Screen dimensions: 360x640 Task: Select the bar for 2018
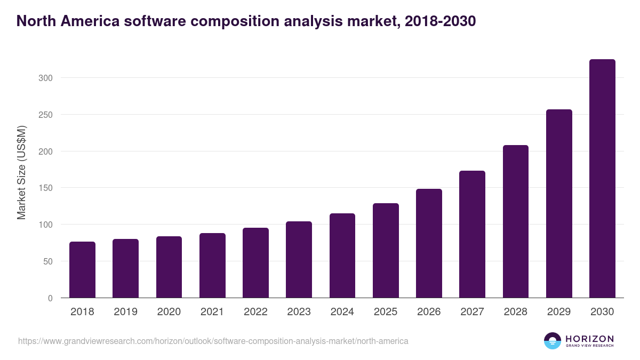[82, 270]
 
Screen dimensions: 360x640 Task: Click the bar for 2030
[602, 179]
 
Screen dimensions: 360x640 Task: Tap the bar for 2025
[386, 251]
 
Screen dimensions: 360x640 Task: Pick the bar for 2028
[516, 221]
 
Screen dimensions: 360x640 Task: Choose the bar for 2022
[255, 263]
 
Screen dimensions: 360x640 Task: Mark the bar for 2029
[559, 204]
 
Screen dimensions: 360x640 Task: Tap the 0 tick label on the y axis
[50, 298]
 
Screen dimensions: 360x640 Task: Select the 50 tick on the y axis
[48, 261]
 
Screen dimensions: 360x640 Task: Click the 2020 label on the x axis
[169, 312]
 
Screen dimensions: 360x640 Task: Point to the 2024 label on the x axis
[342, 312]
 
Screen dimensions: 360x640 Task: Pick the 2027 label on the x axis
[472, 312]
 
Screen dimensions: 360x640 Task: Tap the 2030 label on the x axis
[602, 312]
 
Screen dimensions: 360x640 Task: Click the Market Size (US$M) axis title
[21, 172]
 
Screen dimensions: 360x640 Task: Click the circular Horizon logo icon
[553, 341]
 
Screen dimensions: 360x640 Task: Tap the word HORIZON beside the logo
[589, 339]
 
